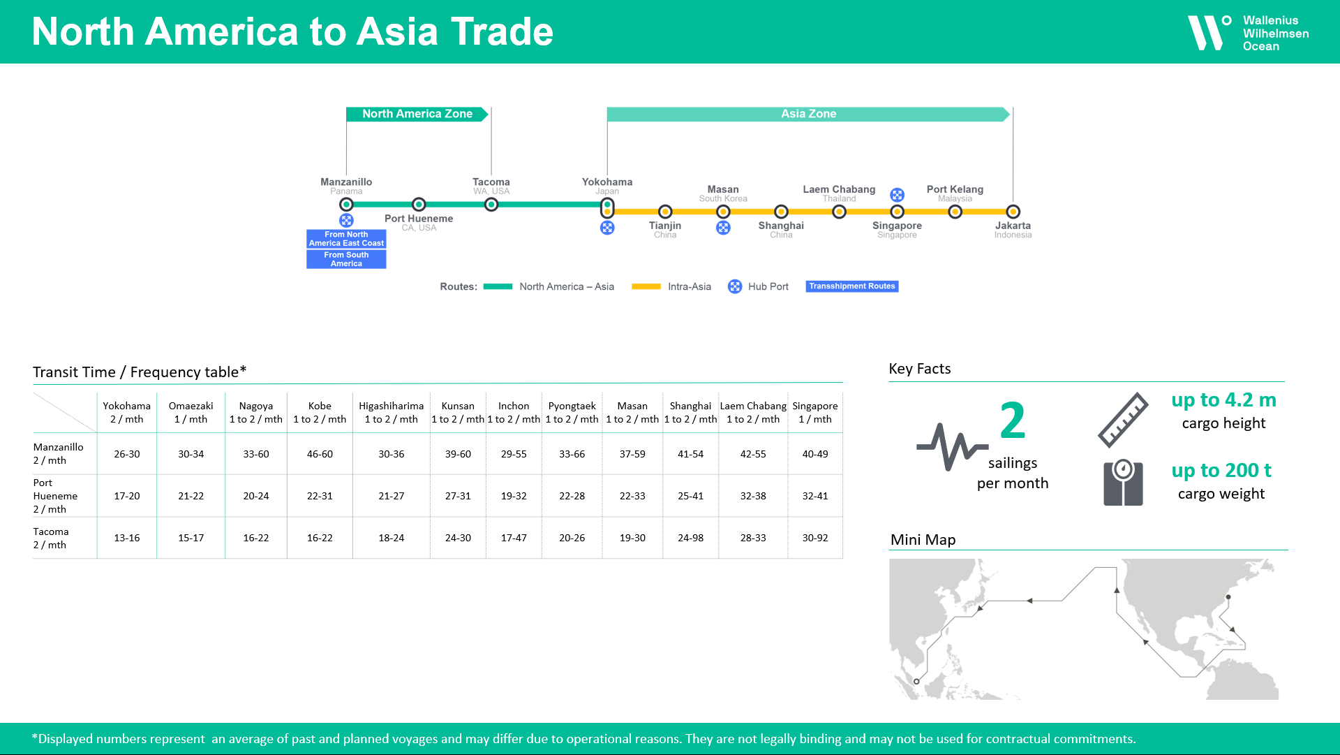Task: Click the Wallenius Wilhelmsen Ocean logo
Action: (1247, 33)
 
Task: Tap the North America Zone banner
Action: (417, 114)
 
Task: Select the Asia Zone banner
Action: (807, 114)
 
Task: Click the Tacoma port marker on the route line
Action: (491, 205)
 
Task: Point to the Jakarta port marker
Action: (1013, 212)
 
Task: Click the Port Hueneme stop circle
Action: (419, 205)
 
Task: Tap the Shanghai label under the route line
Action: (781, 226)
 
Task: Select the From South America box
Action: (346, 259)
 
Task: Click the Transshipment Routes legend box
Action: (851, 286)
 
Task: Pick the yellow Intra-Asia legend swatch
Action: (646, 286)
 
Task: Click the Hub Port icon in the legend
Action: (735, 286)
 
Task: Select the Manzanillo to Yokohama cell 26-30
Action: (127, 454)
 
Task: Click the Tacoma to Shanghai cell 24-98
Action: (690, 538)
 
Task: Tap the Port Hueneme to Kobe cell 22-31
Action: (320, 496)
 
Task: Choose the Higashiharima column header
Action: (391, 412)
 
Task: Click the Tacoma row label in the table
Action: (51, 538)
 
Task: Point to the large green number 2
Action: (1012, 420)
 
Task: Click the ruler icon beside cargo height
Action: (1122, 420)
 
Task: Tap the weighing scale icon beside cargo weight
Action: (1122, 483)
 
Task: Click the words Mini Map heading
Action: (923, 540)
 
